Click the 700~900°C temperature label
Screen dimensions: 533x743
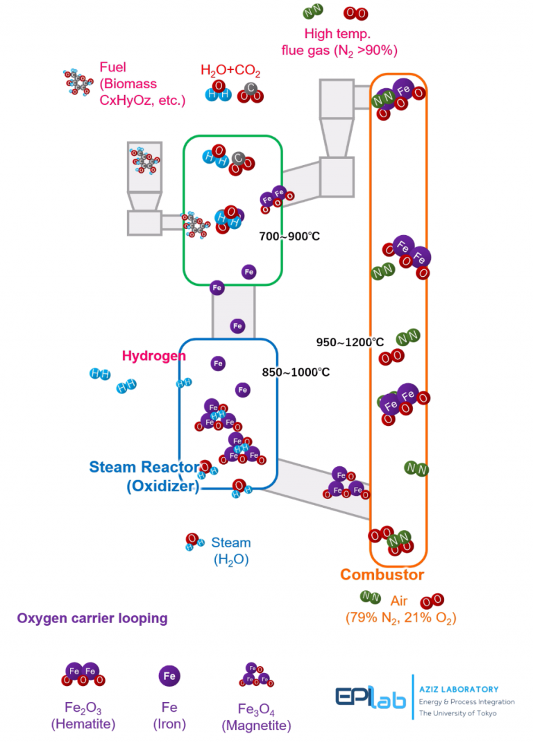(289, 236)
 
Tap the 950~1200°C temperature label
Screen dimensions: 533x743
(350, 342)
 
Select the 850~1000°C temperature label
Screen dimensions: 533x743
(296, 373)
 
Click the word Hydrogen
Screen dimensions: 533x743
(153, 356)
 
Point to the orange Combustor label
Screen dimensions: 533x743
(382, 574)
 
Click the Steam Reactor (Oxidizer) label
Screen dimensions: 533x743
(145, 476)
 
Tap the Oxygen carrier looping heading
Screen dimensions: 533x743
(92, 618)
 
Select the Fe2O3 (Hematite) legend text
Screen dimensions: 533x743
(83, 715)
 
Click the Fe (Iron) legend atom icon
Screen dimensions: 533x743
(169, 676)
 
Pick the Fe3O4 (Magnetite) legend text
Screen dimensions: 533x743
(257, 717)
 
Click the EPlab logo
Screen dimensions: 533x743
(371, 697)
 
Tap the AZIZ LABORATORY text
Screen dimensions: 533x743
(459, 690)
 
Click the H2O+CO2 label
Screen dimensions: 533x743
(230, 70)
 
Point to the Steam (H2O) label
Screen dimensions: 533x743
(231, 551)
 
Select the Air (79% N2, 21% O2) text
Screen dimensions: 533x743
(400, 610)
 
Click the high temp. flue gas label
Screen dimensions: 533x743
(339, 42)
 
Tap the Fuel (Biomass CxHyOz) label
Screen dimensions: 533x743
(142, 84)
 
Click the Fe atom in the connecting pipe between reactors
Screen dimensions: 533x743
(237, 326)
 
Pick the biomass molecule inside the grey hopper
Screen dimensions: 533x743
(144, 161)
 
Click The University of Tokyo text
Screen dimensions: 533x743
(457, 713)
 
